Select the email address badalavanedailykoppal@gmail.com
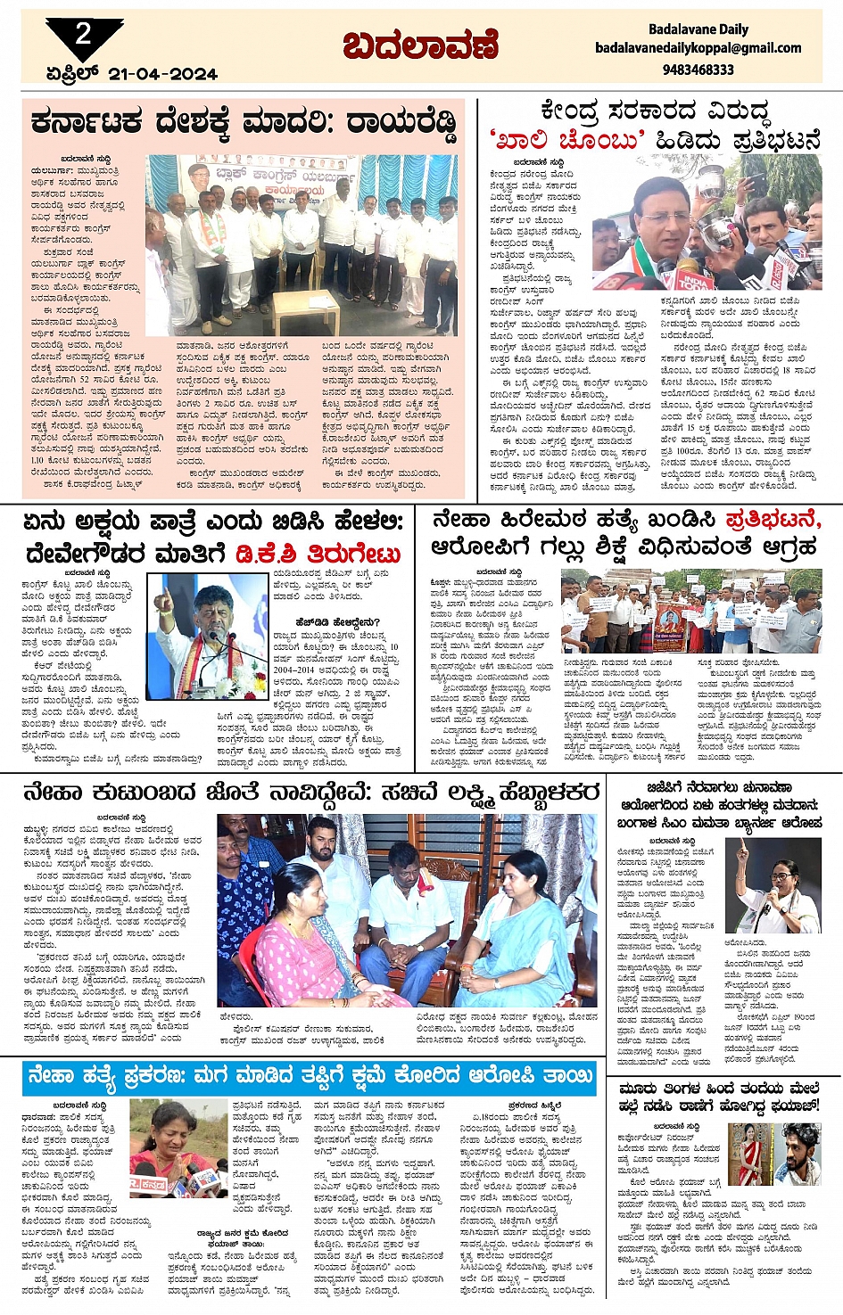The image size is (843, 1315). (698, 48)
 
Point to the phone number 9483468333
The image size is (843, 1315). (698, 69)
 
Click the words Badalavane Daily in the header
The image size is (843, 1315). (698, 29)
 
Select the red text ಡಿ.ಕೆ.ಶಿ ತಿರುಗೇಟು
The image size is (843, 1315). (318, 553)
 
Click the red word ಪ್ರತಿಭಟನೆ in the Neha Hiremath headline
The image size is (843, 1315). (773, 520)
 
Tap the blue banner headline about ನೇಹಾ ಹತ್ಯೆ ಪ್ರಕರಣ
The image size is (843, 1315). (310, 1076)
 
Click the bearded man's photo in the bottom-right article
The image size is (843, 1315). (797, 1155)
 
